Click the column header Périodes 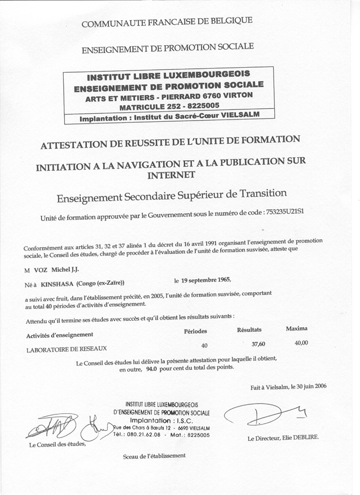(195, 331)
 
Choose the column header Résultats (249, 329)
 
